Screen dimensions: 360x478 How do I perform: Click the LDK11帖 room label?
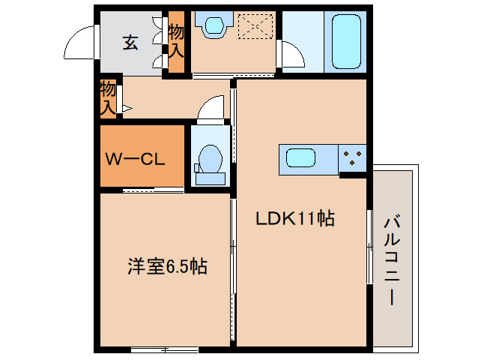point(294,219)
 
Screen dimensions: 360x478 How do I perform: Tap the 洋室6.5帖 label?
point(166,266)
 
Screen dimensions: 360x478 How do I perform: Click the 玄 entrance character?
point(130,43)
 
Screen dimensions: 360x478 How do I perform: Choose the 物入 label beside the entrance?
point(176,42)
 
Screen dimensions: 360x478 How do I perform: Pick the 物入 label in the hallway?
point(109,99)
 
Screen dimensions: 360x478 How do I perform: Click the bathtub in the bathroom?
point(345,42)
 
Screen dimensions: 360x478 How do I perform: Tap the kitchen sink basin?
point(303,159)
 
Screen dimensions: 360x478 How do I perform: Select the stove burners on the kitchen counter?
point(354,158)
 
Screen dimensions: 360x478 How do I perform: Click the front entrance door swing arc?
point(80,43)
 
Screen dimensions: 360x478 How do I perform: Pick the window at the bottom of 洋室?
point(164,349)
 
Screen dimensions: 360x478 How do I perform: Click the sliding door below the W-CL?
point(153,190)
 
